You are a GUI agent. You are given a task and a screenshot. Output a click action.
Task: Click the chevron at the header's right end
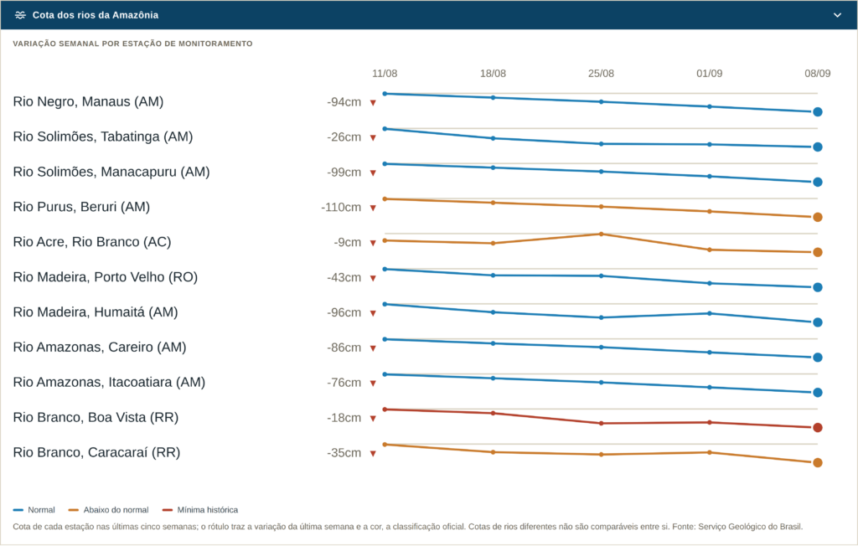pos(837,15)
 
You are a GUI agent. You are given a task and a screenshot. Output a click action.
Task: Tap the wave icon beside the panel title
pos(20,15)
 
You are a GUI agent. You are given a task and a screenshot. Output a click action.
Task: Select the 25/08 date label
pos(601,74)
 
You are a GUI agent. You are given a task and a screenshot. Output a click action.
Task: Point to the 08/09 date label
pos(818,74)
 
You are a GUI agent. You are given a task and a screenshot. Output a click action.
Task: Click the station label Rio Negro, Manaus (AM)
pos(88,102)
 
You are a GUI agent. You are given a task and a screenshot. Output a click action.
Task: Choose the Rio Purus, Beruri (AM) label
pos(81,207)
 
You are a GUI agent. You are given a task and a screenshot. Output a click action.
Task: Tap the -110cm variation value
pos(341,208)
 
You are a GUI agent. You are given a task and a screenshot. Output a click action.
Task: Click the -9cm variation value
pos(348,242)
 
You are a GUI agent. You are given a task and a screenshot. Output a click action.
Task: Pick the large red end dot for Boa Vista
pos(818,428)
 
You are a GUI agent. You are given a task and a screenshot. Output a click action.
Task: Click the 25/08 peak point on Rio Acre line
pos(602,234)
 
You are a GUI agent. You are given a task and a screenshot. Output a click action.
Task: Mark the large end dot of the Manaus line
pos(818,112)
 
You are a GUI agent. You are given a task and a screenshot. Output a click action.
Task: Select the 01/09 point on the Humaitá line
pos(710,313)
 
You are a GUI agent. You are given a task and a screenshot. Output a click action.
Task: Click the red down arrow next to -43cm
pos(373,279)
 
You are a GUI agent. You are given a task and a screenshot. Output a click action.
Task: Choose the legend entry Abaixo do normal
pos(108,510)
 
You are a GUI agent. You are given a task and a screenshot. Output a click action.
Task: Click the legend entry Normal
pos(34,510)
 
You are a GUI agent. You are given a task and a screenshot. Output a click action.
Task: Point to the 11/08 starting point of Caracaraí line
pos(385,445)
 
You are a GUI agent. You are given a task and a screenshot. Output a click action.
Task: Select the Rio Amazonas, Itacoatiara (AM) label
pos(110,383)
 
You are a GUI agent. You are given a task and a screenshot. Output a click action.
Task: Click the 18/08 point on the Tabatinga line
pos(493,138)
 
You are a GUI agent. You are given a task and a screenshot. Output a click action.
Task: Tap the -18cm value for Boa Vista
pos(344,418)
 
